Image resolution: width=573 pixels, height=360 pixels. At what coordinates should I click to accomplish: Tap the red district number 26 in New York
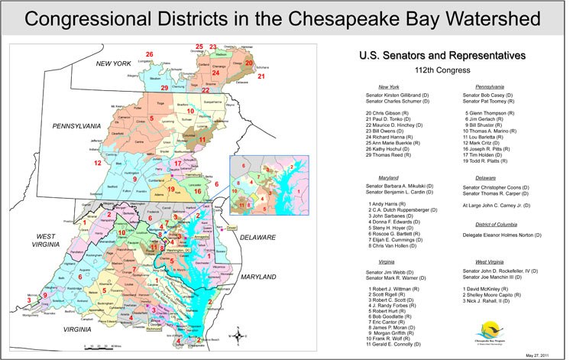(x=149, y=54)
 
